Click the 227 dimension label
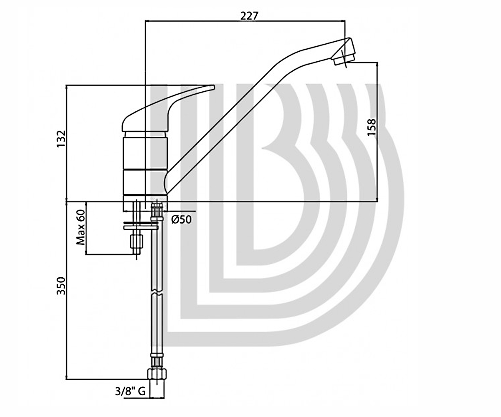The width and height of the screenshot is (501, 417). pyautogui.click(x=249, y=16)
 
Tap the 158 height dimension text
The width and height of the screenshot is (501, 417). pyautogui.click(x=372, y=128)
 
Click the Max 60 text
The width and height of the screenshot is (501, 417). pyautogui.click(x=81, y=227)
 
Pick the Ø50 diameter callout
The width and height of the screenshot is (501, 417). pyautogui.click(x=182, y=219)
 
